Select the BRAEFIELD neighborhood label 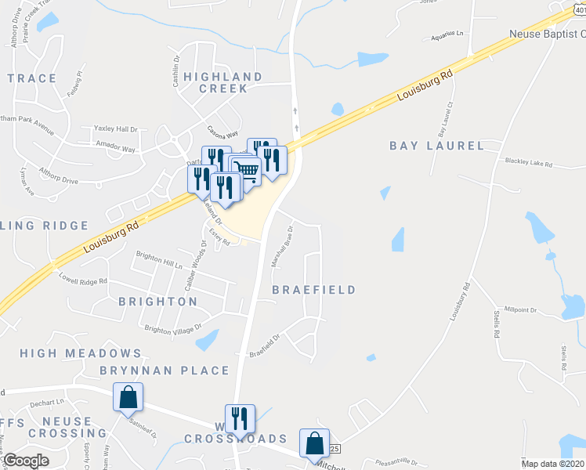(x=313, y=289)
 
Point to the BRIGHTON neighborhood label (x=157, y=301)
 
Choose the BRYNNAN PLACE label (x=165, y=371)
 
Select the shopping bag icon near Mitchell (x=314, y=443)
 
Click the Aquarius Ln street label (x=447, y=35)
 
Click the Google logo (x=26, y=461)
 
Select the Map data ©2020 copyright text (x=552, y=464)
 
